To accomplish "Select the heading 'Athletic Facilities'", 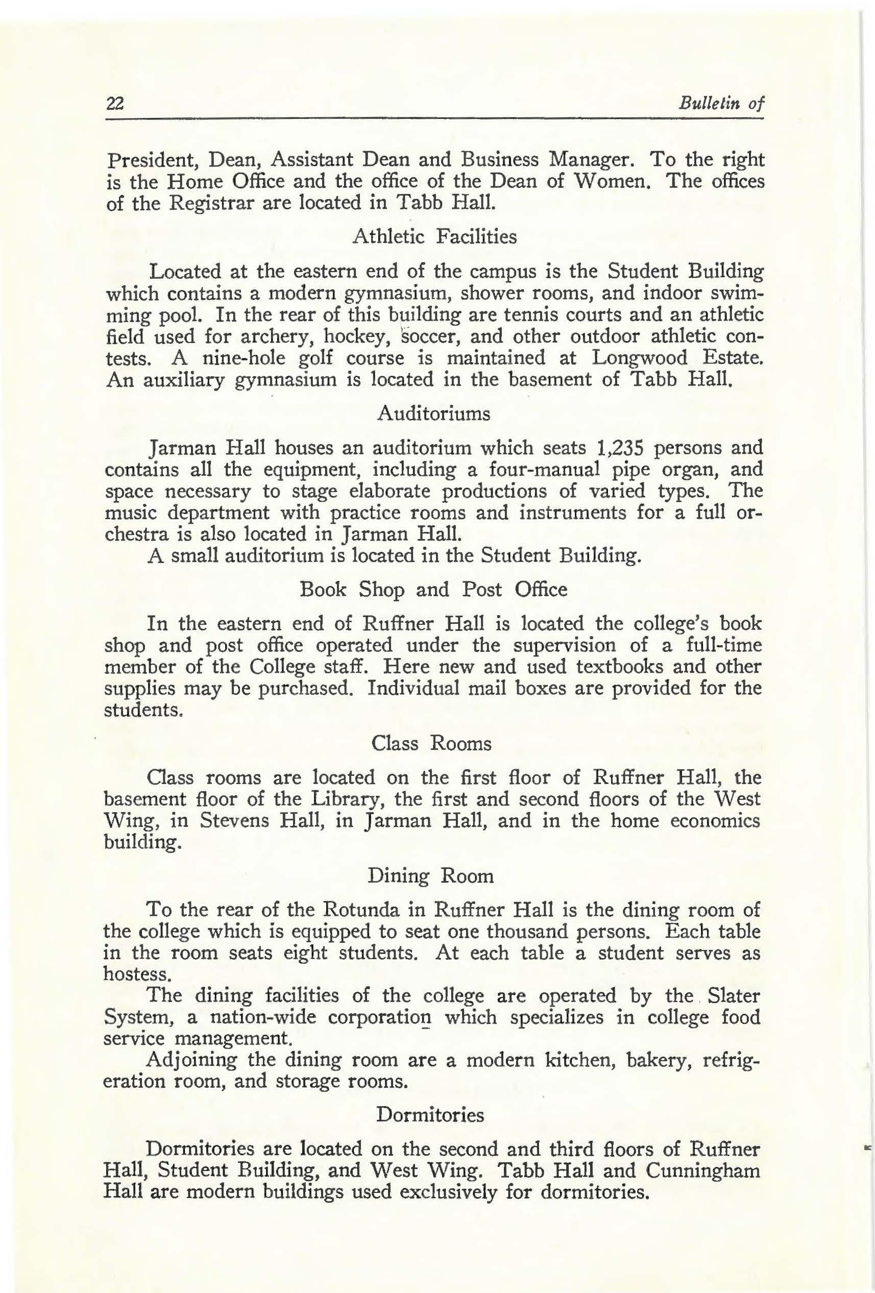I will [x=434, y=237].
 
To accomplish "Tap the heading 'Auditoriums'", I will [x=433, y=414].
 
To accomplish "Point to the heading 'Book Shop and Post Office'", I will [x=433, y=589].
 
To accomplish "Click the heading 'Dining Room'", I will [x=430, y=876].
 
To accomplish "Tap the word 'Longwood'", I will [x=640, y=357].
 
